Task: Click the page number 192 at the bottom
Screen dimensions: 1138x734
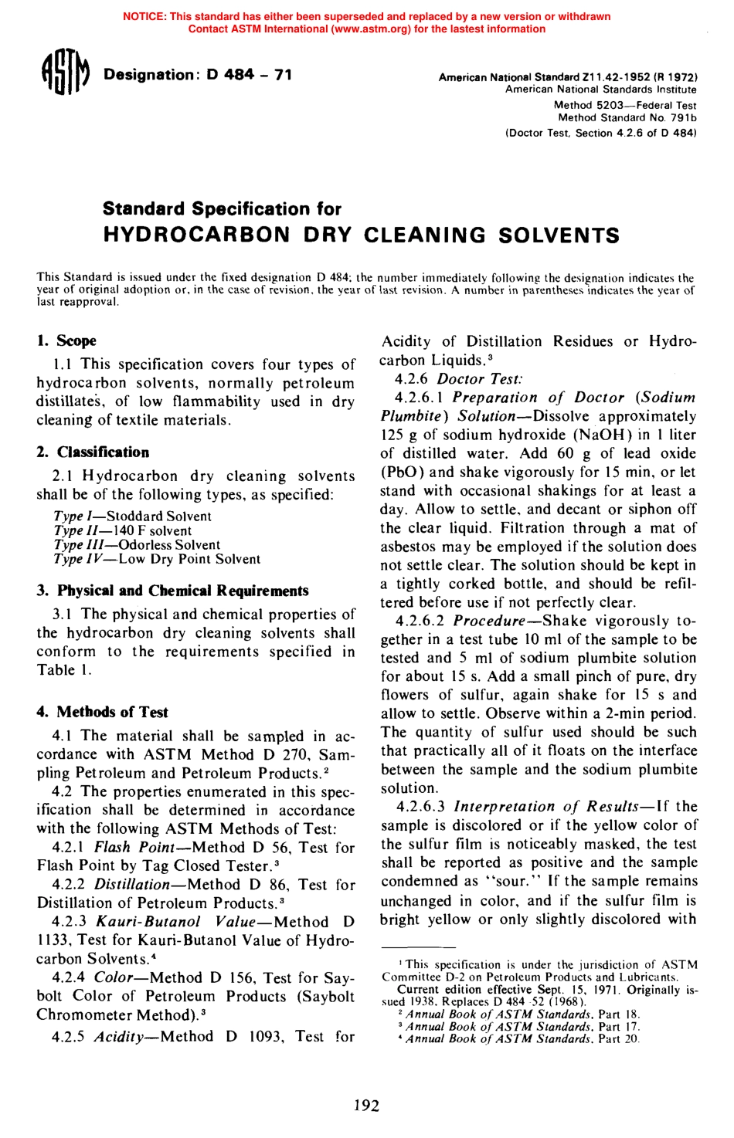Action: pos(366,1106)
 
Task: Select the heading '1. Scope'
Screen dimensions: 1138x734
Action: pos(66,340)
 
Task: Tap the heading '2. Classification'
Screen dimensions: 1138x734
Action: pos(93,452)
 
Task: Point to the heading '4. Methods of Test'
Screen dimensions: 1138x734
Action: pos(102,712)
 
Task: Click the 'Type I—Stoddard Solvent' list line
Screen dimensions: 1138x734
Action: pos(132,516)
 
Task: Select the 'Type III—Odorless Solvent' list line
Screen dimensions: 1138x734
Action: pos(137,544)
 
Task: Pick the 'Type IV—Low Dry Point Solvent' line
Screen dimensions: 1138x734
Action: pos(157,559)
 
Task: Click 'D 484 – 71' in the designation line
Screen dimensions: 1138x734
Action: pos(249,75)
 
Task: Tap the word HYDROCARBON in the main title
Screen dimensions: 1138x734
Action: pos(197,235)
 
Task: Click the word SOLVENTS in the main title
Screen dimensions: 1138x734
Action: pos(559,235)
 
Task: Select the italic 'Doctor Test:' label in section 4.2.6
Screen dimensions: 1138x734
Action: pos(480,378)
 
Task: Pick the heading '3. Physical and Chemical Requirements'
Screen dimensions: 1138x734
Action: pos(172,591)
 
